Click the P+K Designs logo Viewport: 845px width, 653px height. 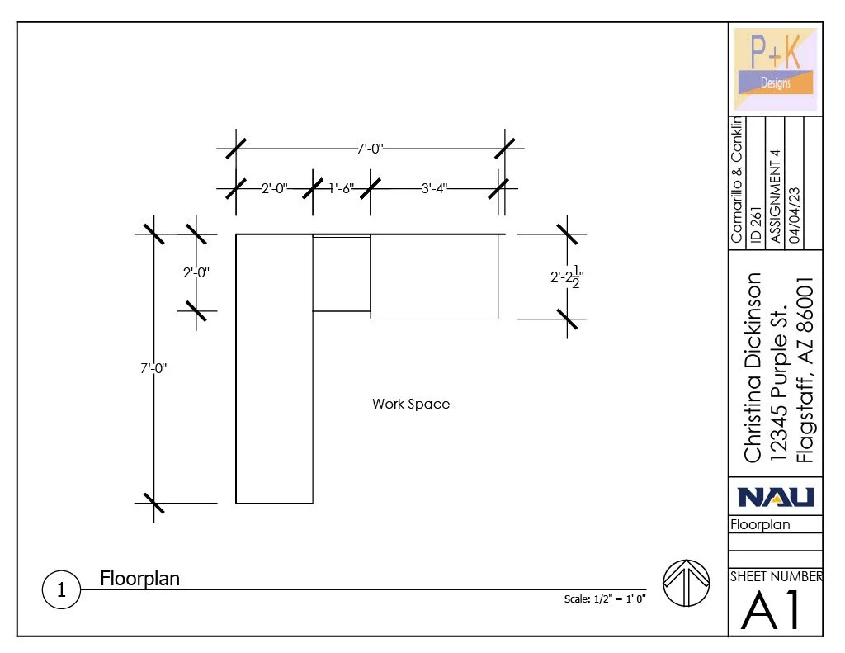(775, 69)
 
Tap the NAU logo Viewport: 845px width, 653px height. (775, 496)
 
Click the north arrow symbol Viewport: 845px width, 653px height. (687, 582)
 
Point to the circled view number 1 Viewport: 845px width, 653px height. (61, 590)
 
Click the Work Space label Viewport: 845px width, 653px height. (411, 405)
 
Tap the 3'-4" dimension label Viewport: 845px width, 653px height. (434, 188)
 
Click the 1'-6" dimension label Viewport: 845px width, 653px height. (341, 188)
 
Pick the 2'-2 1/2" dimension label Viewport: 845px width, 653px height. (567, 277)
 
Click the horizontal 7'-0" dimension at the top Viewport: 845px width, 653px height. (370, 149)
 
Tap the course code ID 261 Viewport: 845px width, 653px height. (756, 223)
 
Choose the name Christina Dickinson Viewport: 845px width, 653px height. (753, 367)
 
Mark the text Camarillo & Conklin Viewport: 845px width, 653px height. (737, 181)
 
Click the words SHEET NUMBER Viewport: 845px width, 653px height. (776, 577)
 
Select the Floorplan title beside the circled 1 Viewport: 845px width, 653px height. (139, 578)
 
